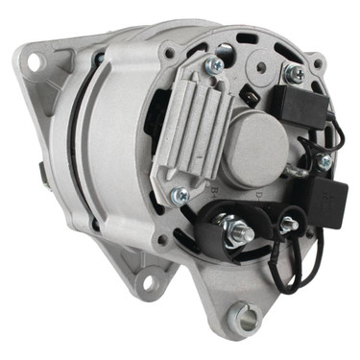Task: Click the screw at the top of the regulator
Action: point(216,65)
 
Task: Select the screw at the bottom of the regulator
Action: point(180,195)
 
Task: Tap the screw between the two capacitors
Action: point(324,161)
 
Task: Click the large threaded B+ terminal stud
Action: point(238,231)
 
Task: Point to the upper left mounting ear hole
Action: point(36,61)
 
